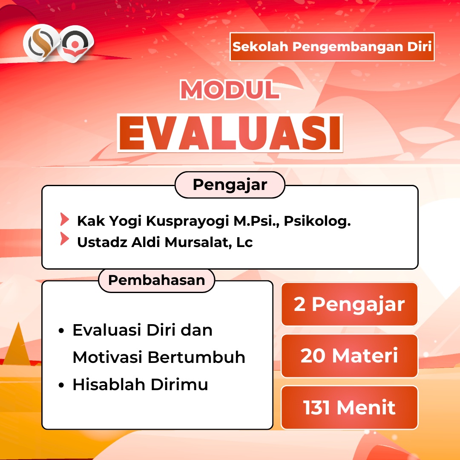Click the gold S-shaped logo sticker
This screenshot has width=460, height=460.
(x=41, y=43)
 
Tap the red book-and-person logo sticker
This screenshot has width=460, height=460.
(x=75, y=44)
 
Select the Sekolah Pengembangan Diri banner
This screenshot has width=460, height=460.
(x=332, y=47)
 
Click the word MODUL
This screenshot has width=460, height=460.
(x=230, y=89)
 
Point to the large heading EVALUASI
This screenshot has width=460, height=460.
(x=230, y=133)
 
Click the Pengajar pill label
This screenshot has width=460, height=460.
(x=230, y=185)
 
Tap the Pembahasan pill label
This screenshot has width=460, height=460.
(x=157, y=280)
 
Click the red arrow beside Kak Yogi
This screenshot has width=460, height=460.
(x=65, y=219)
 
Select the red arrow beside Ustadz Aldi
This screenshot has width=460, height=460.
(x=65, y=239)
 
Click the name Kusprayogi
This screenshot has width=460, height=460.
(x=187, y=221)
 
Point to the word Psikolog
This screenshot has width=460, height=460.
(x=317, y=221)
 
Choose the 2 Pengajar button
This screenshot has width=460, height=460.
(x=349, y=304)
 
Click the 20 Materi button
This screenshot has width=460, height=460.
(x=349, y=356)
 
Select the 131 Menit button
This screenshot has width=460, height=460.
(x=349, y=408)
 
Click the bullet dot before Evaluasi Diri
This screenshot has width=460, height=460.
(x=61, y=331)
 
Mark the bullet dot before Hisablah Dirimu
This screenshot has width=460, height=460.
(x=61, y=385)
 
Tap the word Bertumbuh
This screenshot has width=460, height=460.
(x=196, y=357)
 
